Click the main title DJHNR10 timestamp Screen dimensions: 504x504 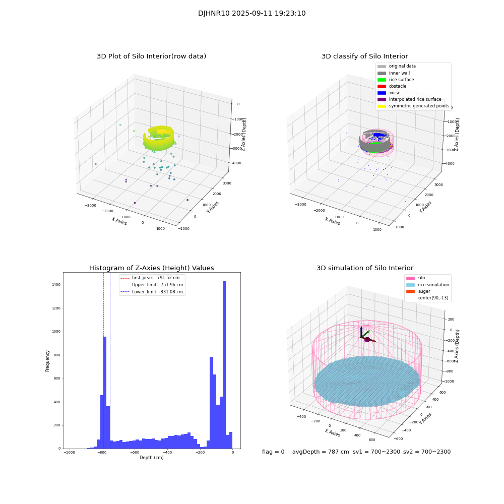[251, 14]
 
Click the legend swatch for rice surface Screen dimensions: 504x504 [382, 80]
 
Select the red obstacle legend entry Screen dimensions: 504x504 [382, 86]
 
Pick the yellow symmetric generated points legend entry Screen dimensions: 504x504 [382, 106]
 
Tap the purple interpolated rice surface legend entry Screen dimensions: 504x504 [382, 99]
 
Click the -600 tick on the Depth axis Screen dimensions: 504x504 [135, 453]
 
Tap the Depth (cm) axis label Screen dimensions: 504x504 [151, 458]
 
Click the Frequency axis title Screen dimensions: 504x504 [48, 360]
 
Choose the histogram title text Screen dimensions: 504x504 [151, 268]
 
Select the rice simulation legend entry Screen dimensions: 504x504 [433, 285]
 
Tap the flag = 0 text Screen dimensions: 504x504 [273, 452]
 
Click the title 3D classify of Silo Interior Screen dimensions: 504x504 [364, 56]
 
